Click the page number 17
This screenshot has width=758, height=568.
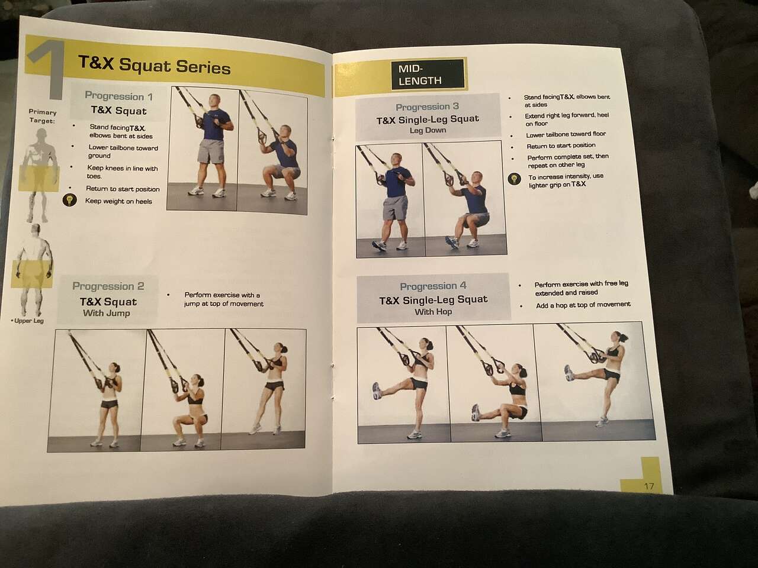click(649, 486)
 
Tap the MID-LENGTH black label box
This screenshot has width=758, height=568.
click(428, 75)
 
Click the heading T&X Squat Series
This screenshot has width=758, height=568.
click(155, 65)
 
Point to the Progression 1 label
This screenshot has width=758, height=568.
click(118, 96)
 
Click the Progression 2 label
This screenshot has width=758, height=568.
click(108, 286)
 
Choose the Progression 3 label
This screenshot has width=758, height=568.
click(427, 107)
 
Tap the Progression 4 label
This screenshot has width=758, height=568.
click(433, 286)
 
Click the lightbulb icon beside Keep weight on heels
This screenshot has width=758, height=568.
click(70, 200)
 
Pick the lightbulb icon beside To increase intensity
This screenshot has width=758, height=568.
click(514, 180)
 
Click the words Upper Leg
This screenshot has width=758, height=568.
click(29, 321)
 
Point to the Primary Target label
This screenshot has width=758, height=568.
click(42, 116)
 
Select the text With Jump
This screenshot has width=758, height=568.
click(107, 313)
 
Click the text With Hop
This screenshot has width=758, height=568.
click(433, 312)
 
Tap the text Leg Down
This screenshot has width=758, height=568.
click(428, 130)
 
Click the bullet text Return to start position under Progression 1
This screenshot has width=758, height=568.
click(123, 189)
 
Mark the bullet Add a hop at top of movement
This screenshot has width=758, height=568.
click(583, 305)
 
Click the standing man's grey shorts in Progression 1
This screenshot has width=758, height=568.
click(211, 151)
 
